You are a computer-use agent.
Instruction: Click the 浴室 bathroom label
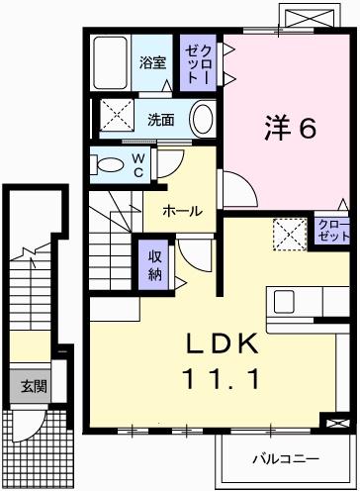tap(152, 62)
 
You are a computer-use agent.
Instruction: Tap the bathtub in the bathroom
tap(110, 62)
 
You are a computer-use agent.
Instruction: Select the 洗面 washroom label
tap(160, 120)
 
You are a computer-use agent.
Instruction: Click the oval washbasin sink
tap(203, 119)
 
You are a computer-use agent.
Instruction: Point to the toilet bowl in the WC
tap(107, 164)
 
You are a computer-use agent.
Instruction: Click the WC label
tap(138, 165)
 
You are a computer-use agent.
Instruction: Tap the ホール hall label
tap(183, 211)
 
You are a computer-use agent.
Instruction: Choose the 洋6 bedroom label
tap(291, 128)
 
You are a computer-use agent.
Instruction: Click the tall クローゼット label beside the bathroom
tap(198, 64)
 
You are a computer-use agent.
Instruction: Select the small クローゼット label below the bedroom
tap(333, 231)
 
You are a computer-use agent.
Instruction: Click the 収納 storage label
tap(154, 265)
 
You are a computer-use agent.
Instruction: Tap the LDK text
tap(222, 344)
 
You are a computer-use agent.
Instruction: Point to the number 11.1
tap(222, 379)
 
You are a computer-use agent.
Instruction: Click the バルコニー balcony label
tap(286, 458)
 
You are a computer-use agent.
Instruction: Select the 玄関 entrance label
tap(34, 386)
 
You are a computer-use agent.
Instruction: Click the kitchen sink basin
tap(284, 302)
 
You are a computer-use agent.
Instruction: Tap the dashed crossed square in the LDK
tap(290, 235)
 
